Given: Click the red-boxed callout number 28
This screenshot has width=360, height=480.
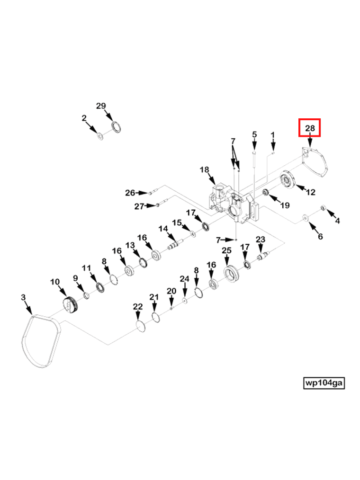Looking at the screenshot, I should pos(310,128).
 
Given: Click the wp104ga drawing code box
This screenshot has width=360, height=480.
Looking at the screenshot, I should pos(324,382).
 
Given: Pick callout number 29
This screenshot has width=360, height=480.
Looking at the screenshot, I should pos(101,106).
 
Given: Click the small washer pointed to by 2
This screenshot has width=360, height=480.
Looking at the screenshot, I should pos(100,136).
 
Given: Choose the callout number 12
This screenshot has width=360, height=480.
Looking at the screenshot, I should pos(311,192).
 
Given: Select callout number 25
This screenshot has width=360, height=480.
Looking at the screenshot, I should pos(226,250).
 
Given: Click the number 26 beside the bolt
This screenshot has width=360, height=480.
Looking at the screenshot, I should pos(130,193).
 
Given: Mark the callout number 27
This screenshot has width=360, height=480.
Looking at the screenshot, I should pos(139,206).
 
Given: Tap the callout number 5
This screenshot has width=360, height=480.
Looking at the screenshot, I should pos(254,134).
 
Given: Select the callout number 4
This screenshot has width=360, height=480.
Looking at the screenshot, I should pos(337,221).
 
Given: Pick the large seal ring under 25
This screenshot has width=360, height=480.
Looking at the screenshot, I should pos(231,273).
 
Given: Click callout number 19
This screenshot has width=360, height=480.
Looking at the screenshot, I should pos(285,205).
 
